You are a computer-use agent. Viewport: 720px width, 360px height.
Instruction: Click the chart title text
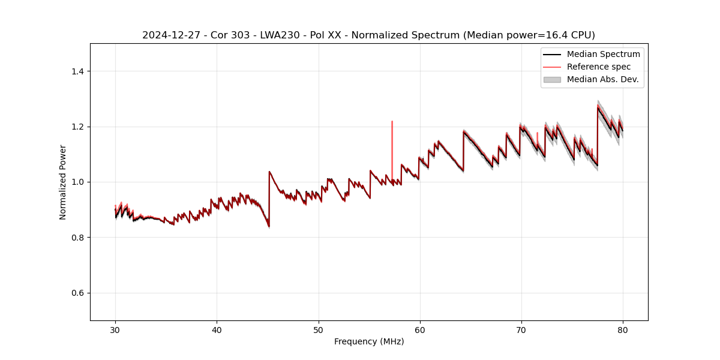tap(368, 35)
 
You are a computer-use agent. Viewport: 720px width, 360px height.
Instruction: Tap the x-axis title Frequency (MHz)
tap(369, 342)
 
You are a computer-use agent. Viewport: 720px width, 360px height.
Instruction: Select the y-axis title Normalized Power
tap(62, 182)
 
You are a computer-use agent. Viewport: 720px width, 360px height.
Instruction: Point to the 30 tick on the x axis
tap(115, 329)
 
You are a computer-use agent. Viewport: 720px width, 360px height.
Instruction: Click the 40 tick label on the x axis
tap(217, 329)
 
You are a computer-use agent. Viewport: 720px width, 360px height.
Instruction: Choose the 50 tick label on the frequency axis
tap(319, 329)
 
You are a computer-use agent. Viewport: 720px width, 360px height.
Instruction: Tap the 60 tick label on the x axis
tap(420, 329)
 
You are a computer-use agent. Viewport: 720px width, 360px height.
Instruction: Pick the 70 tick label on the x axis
tap(521, 329)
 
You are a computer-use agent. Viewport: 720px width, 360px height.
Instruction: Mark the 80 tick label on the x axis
tap(623, 329)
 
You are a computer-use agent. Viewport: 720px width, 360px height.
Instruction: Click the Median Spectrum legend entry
tap(603, 55)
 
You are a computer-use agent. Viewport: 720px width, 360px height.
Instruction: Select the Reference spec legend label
tap(598, 67)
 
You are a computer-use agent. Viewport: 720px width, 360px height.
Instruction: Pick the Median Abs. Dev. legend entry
tap(602, 79)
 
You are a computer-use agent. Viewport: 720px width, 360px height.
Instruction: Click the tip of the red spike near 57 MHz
tap(392, 121)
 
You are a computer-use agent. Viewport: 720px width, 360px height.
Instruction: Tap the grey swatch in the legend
tap(552, 79)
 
